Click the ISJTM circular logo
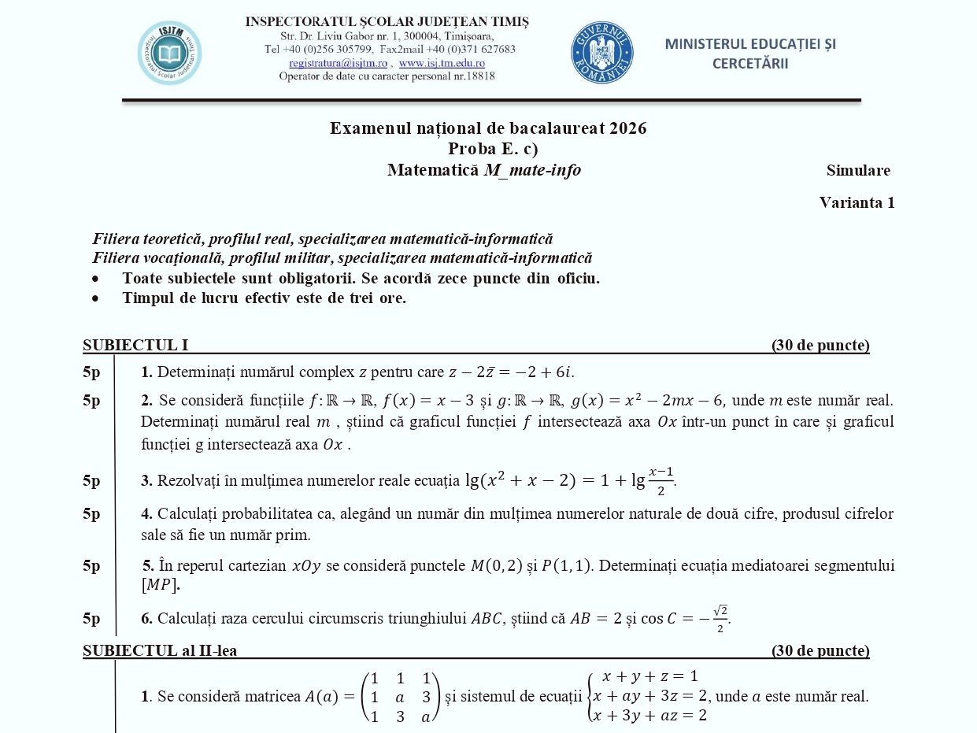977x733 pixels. pyautogui.click(x=169, y=54)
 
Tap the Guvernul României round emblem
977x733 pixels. pyautogui.click(x=602, y=53)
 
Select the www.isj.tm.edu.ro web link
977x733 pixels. pyautogui.click(x=442, y=63)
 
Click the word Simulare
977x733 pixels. pyautogui.click(x=858, y=170)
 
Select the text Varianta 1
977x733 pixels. pyautogui.click(x=857, y=202)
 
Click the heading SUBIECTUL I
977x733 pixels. pyautogui.click(x=135, y=345)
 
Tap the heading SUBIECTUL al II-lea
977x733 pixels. pyautogui.click(x=160, y=650)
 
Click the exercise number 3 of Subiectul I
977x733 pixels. pyautogui.click(x=146, y=480)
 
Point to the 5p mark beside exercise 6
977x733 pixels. pyautogui.click(x=91, y=618)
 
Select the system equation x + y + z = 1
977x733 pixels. pyautogui.click(x=649, y=676)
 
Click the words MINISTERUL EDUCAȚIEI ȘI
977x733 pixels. pyautogui.click(x=750, y=44)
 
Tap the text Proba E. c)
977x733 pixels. pyautogui.click(x=493, y=149)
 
